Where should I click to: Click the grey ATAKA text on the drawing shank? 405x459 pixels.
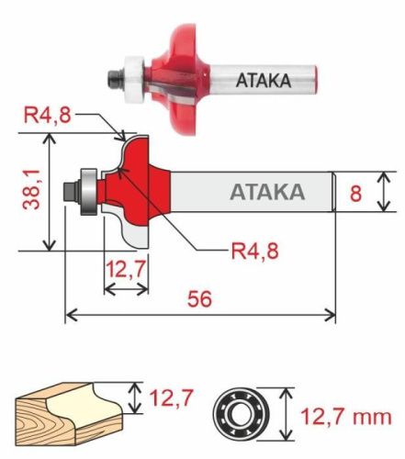[x=266, y=193]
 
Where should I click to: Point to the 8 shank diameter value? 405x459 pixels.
[x=358, y=193]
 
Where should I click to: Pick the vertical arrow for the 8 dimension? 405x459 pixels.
[x=387, y=192]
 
